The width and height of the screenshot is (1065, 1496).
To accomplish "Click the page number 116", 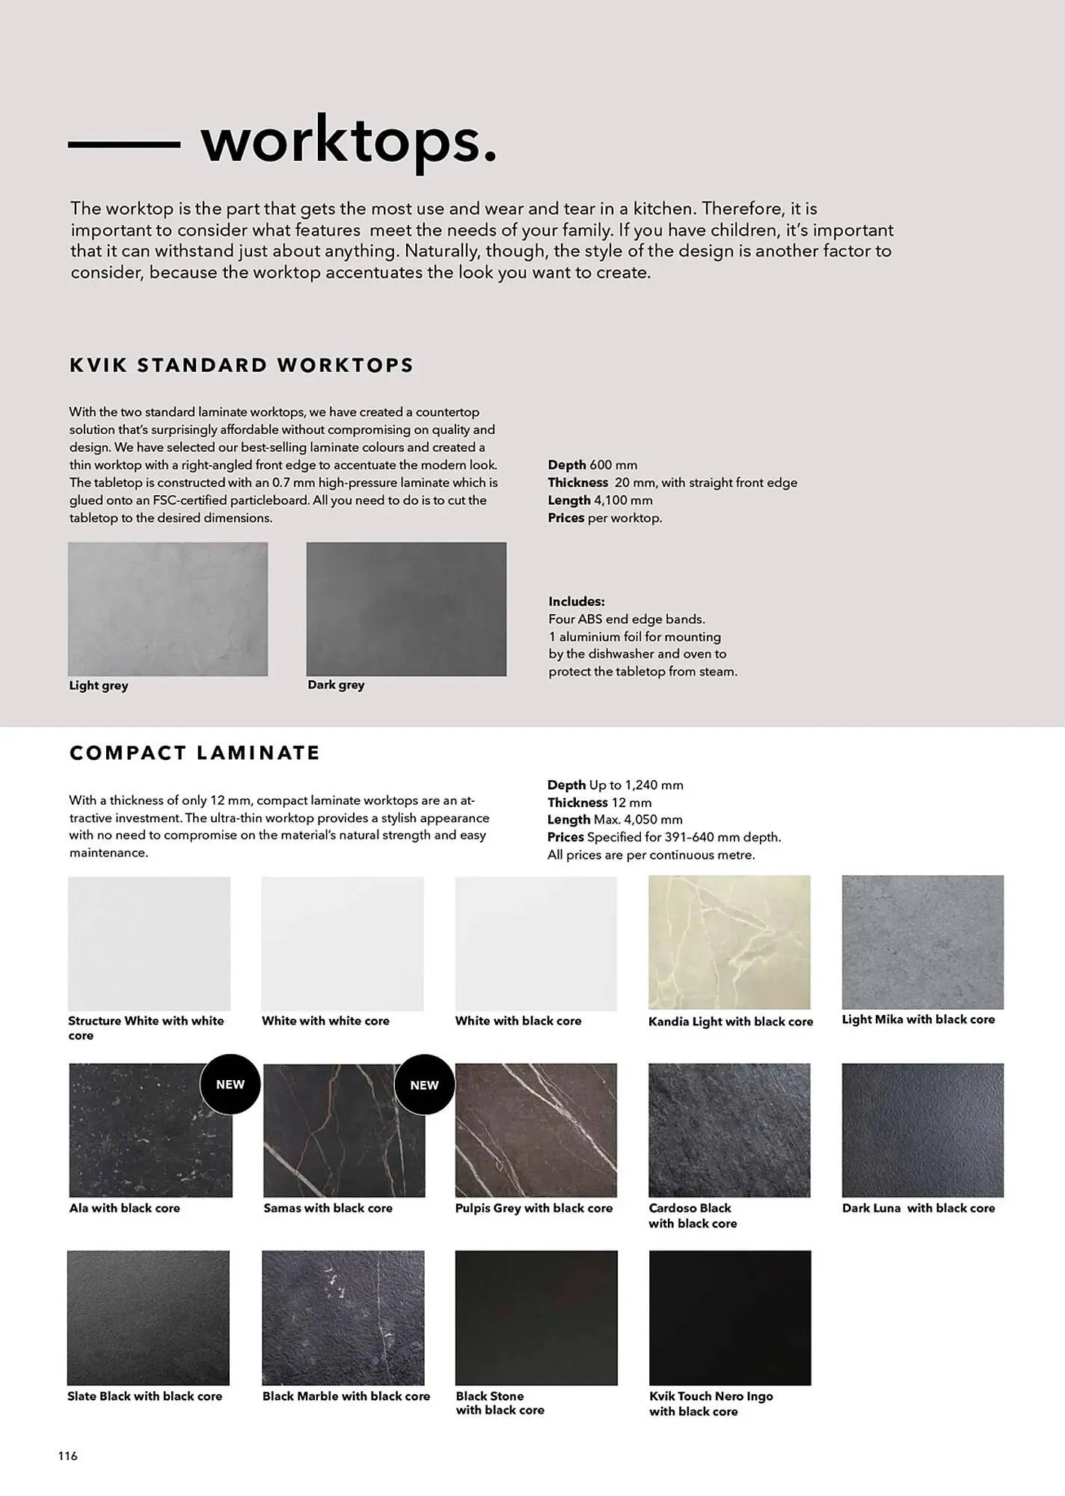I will click(x=68, y=1456).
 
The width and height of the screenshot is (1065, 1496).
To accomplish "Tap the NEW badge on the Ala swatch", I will click(x=230, y=1085).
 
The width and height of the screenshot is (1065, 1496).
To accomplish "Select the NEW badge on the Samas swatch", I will click(x=424, y=1085).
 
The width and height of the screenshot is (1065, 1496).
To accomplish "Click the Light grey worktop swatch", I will click(x=168, y=609).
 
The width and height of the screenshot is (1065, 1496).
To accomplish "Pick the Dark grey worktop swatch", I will click(x=406, y=609).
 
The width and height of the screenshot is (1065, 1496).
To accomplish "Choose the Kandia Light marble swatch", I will click(x=729, y=942).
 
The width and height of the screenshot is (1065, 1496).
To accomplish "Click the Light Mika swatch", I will click(x=922, y=942).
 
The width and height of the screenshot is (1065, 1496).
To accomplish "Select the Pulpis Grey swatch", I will click(x=535, y=1130).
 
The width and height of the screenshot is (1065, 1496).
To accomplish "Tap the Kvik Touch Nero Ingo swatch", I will click(x=729, y=1317).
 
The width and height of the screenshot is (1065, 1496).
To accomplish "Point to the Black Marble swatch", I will click(x=343, y=1317).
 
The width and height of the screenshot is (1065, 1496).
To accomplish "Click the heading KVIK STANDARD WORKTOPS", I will click(x=241, y=365).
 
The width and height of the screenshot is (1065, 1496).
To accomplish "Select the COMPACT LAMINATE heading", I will click(x=194, y=752).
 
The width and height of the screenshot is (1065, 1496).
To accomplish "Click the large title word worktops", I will click(x=349, y=141).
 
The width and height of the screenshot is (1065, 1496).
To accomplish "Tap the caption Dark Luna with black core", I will click(x=918, y=1208).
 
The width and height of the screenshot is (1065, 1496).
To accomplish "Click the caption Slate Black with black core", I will click(x=144, y=1396).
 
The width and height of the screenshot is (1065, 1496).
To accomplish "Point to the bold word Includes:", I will click(x=576, y=601).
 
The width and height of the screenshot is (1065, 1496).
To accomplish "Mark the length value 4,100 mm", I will click(x=623, y=500).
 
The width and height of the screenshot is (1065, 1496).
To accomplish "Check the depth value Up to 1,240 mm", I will click(x=636, y=785).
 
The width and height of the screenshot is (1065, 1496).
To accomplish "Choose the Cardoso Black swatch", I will click(x=729, y=1130).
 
